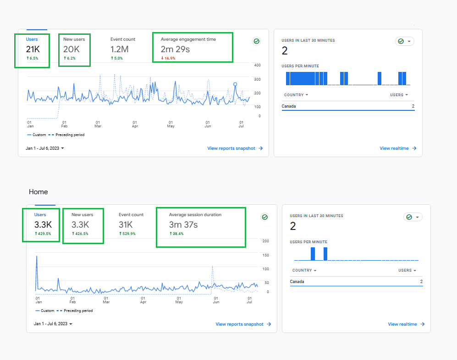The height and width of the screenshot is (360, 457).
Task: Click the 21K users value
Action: (33, 49)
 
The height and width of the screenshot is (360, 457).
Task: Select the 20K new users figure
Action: (72, 49)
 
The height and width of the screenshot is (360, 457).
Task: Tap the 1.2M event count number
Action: (119, 49)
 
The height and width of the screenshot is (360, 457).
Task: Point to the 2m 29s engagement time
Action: (175, 49)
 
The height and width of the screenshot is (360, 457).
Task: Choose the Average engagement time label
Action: (188, 39)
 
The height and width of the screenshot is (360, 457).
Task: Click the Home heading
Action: (39, 192)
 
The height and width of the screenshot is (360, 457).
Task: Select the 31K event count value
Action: (126, 225)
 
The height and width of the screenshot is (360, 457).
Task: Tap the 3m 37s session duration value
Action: (183, 225)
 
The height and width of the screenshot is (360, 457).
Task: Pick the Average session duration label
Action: (195, 215)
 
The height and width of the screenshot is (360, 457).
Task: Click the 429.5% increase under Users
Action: (43, 234)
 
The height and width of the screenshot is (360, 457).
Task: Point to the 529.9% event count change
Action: (127, 234)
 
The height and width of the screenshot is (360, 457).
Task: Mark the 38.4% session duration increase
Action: (177, 234)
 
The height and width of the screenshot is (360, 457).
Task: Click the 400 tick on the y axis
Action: (257, 65)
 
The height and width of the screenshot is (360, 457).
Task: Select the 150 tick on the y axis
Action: (265, 255)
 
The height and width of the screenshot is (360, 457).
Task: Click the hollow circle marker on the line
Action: (235, 84)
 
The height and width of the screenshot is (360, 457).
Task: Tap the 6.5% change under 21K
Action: (33, 59)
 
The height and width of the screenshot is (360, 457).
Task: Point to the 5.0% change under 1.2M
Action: (117, 59)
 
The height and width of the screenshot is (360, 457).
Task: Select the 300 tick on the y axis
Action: (257, 79)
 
